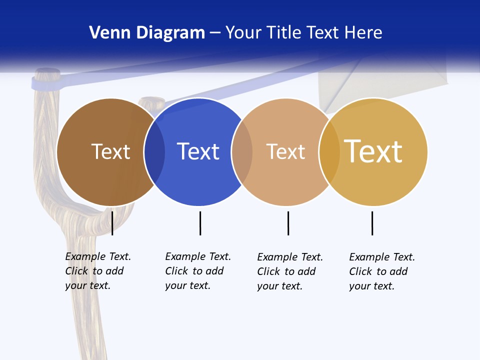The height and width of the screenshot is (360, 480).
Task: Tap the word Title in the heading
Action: [284, 32]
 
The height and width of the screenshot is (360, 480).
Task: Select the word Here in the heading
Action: [363, 32]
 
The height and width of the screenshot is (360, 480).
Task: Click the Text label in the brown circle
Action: [110, 151]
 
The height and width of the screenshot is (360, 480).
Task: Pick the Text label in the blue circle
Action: [198, 151]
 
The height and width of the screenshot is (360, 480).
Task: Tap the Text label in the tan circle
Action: [285, 151]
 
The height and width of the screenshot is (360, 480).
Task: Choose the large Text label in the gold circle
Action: [373, 151]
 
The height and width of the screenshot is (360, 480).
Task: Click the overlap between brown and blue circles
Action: [154, 151]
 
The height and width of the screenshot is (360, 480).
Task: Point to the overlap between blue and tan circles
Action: [242, 151]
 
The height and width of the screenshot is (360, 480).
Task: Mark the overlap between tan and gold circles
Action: [329, 151]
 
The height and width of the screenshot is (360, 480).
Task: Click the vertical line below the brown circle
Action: [112, 223]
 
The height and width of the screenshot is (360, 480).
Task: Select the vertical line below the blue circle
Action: [200, 223]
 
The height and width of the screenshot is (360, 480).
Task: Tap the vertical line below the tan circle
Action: [288, 223]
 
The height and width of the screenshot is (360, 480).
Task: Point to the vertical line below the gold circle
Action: [372, 223]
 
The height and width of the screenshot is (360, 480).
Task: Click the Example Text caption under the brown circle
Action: [98, 271]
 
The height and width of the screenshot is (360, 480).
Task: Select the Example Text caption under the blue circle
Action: [198, 271]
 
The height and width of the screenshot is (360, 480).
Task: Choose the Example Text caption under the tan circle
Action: [290, 271]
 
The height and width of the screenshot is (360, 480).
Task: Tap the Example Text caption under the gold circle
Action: [382, 271]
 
